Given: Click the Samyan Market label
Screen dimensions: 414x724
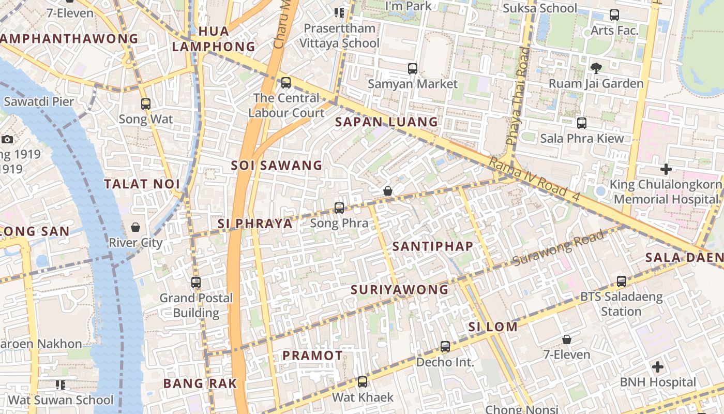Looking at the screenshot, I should click(412, 84).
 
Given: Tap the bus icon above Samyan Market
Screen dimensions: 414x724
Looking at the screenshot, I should click(412, 68).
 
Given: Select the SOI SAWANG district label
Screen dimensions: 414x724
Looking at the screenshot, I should click(277, 166).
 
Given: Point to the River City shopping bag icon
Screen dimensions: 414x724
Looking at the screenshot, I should click(135, 227).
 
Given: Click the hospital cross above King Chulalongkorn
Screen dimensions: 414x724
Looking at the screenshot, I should click(666, 169).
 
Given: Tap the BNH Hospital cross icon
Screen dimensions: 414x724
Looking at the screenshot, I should click(658, 367).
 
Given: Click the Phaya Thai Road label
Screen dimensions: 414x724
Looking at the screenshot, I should click(519, 96).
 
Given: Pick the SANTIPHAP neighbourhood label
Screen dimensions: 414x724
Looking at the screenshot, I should click(433, 246).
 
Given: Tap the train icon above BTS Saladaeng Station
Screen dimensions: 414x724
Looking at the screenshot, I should click(621, 282).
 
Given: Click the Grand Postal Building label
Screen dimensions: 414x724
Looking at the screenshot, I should click(196, 305).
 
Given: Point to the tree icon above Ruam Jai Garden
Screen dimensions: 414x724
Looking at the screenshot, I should click(596, 68).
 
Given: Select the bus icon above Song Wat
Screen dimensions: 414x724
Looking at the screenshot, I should click(146, 104).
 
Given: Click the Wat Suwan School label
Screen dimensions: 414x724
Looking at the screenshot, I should click(61, 400).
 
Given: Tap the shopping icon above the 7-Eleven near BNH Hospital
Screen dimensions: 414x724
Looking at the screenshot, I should click(567, 339).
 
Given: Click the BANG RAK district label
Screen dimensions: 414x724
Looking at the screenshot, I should click(200, 383).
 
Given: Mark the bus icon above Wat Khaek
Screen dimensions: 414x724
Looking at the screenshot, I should click(363, 382).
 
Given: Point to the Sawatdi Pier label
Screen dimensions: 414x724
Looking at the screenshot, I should click(39, 101).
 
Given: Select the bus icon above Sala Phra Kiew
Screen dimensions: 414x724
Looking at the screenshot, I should click(582, 123).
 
